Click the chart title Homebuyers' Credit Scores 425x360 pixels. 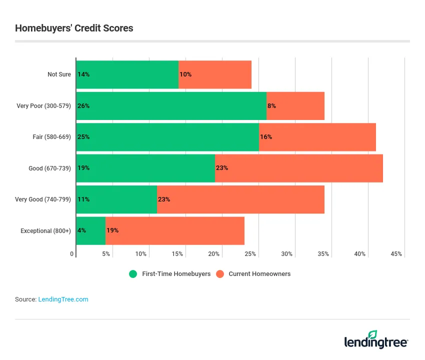pyautogui.click(x=74, y=28)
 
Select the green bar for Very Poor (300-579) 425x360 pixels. pyautogui.click(x=171, y=106)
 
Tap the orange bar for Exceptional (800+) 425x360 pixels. pyautogui.click(x=175, y=230)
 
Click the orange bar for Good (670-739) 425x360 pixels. pyautogui.click(x=299, y=168)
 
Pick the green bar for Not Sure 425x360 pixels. pyautogui.click(x=127, y=74)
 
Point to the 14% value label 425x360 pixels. pyautogui.click(x=83, y=74)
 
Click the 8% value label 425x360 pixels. pyautogui.click(x=271, y=106)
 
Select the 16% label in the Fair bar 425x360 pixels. pyautogui.click(x=266, y=137)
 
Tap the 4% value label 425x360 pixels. pyautogui.click(x=82, y=230)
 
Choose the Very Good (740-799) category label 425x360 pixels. pyautogui.click(x=43, y=199)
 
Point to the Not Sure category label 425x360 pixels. pyautogui.click(x=59, y=74)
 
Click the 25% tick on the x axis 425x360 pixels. pyautogui.click(x=250, y=254)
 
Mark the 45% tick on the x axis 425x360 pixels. pyautogui.click(x=396, y=254)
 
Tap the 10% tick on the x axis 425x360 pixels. pyautogui.click(x=141, y=254)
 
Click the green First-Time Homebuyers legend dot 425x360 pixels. pyautogui.click(x=133, y=274)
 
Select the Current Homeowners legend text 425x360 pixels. pyautogui.click(x=259, y=274)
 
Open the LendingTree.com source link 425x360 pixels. pyautogui.click(x=63, y=299)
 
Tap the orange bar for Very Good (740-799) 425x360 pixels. pyautogui.click(x=240, y=199)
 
